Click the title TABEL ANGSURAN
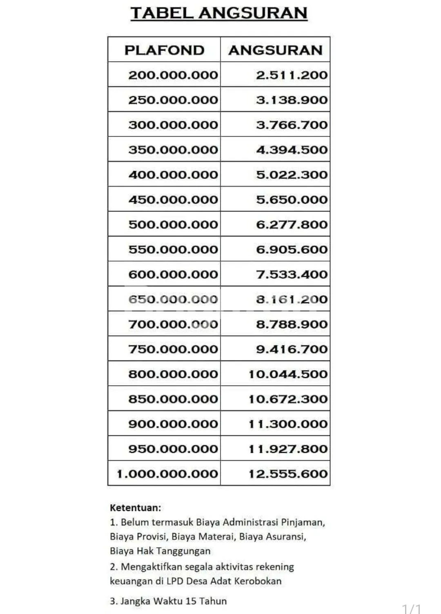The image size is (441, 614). pyautogui.click(x=219, y=13)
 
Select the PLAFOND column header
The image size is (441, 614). pyautogui.click(x=164, y=50)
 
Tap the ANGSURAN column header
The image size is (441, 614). pyautogui.click(x=276, y=50)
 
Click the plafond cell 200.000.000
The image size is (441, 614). pyautogui.click(x=173, y=75)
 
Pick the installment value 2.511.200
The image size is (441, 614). pyautogui.click(x=292, y=75)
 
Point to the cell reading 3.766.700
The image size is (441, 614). pyautogui.click(x=292, y=125)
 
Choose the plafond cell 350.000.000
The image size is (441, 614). pyautogui.click(x=173, y=150)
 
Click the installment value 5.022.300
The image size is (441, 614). pyautogui.click(x=292, y=175)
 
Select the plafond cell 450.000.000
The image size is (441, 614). pyautogui.click(x=173, y=200)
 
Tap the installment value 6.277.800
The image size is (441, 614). pyautogui.click(x=292, y=225)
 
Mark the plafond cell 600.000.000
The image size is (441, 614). pyautogui.click(x=173, y=275)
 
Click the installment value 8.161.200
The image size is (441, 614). pyautogui.click(x=292, y=299)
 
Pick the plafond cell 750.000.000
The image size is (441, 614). pyautogui.click(x=173, y=349)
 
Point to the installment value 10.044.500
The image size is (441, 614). pyautogui.click(x=288, y=374)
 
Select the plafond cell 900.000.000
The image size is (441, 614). pyautogui.click(x=173, y=424)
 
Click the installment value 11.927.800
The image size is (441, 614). pyautogui.click(x=288, y=449)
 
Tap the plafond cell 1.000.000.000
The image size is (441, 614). pyautogui.click(x=167, y=474)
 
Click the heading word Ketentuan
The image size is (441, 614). pyautogui.click(x=135, y=508)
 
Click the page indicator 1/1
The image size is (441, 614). pyautogui.click(x=411, y=609)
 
